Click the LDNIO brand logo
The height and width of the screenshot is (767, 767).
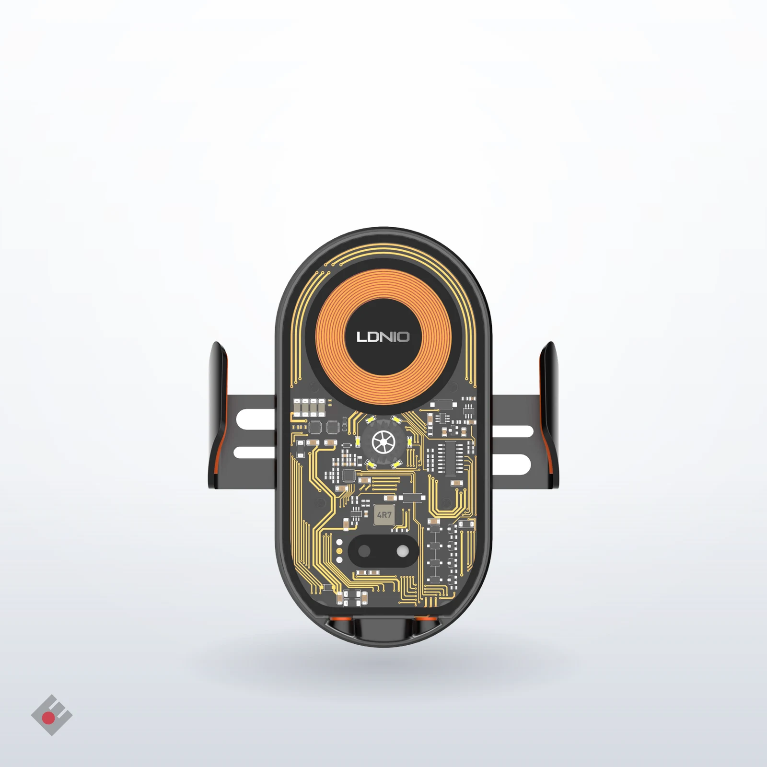pos(383,337)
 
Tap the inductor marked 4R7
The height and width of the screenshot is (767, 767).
pos(384,515)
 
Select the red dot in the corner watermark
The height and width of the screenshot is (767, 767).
pos(48,718)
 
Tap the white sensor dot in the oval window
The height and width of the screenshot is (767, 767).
pos(402,551)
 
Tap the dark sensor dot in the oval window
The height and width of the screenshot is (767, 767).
pos(364,551)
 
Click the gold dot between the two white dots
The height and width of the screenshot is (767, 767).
pos(339,551)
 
